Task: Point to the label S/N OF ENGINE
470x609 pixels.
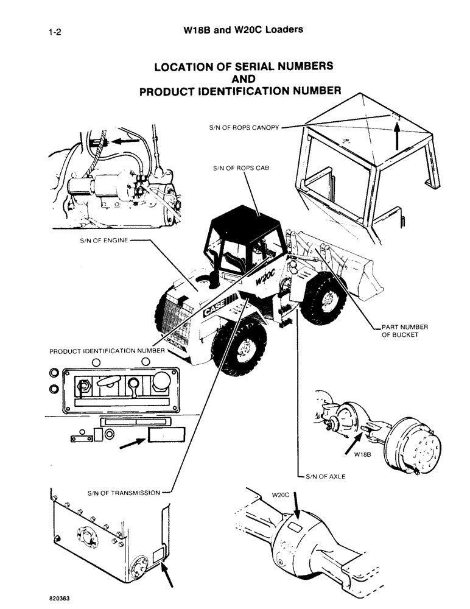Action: point(103,241)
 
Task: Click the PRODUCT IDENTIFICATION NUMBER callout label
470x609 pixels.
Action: point(107,351)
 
